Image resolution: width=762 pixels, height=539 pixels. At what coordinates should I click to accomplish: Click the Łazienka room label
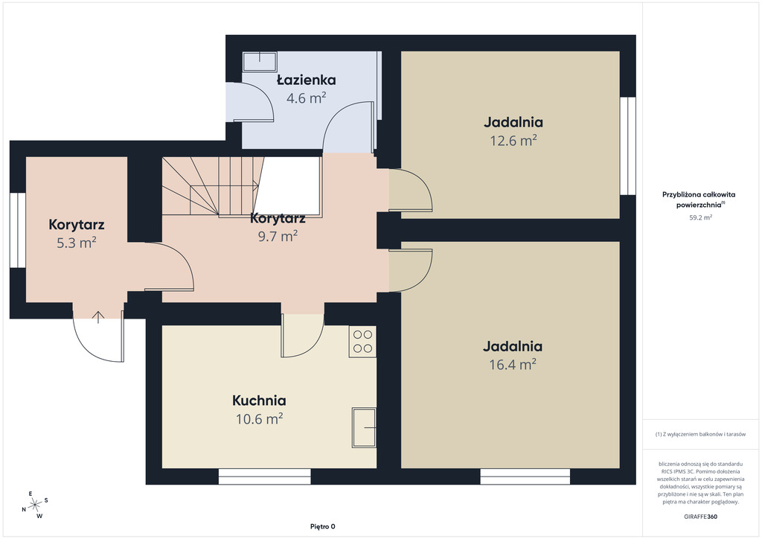coord(306,80)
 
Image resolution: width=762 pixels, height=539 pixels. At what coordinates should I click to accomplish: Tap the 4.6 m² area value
coord(306,98)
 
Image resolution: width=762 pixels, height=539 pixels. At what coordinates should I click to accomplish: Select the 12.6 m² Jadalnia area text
coord(513,141)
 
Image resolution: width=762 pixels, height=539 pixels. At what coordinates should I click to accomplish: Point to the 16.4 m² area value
coord(513,364)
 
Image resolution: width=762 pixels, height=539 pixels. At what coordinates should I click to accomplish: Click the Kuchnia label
coord(259,401)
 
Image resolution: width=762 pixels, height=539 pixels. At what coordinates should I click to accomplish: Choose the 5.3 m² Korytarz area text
coord(77,243)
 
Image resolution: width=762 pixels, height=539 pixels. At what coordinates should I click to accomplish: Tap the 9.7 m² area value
coord(278,236)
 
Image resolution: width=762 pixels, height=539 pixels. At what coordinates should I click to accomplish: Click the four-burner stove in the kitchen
coord(362,341)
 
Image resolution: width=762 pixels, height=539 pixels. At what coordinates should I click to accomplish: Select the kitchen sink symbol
coord(364,427)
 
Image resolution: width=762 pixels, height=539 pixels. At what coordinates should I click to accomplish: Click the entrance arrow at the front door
coord(98,317)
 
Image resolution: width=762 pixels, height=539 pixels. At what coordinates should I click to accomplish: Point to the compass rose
coord(35,505)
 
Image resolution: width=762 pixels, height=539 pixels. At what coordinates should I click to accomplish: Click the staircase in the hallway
coord(212,186)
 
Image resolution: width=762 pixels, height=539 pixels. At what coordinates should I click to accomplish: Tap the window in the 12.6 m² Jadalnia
coord(628,146)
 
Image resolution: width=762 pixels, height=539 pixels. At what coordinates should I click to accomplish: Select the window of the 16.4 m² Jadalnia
coord(525,476)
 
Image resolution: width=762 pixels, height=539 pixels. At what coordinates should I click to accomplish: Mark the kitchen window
coord(264,476)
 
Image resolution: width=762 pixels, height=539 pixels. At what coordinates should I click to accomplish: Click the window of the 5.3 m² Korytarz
coord(18,230)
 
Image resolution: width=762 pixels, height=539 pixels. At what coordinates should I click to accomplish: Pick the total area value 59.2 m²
coord(700,217)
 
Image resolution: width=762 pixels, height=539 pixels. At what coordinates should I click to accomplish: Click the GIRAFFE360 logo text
coord(700,517)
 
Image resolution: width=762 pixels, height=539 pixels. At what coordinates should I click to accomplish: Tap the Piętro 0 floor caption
coord(323,526)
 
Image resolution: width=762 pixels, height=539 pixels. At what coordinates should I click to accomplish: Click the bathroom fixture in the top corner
coord(260,61)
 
